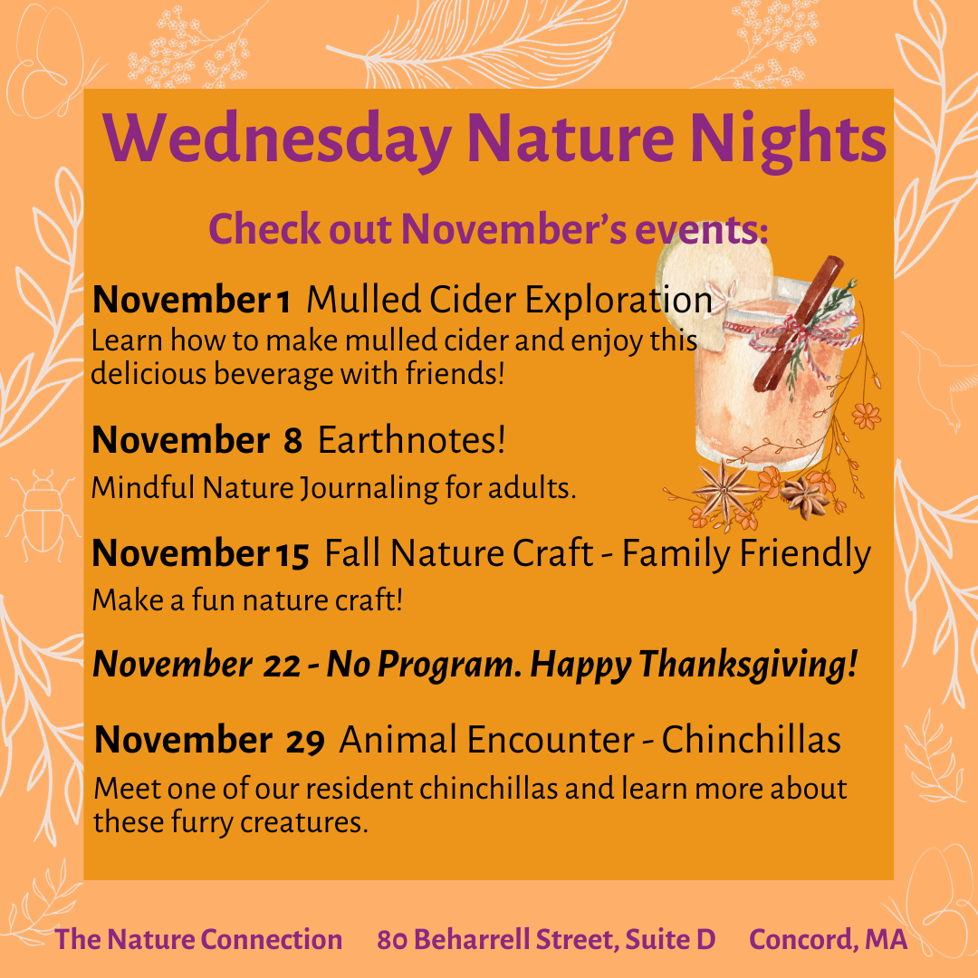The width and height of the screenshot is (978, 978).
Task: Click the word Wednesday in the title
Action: pos(278,140)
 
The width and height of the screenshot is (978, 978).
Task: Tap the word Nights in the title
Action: pos(788,140)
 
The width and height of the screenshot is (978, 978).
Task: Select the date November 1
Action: pos(191,300)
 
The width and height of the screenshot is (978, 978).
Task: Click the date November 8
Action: pos(197,440)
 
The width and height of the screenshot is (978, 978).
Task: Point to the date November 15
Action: pos(200,553)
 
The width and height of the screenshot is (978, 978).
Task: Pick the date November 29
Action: pos(209,741)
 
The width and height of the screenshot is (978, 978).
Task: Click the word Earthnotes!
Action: pos(412,440)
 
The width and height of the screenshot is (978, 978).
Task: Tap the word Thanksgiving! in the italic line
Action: pos(748,665)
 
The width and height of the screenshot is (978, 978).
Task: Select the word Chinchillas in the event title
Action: pos(751,740)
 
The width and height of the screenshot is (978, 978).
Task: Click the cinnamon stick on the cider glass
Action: pos(799,323)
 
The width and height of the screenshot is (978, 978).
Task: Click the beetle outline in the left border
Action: pos(43,515)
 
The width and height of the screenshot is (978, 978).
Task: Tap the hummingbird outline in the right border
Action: pos(940,380)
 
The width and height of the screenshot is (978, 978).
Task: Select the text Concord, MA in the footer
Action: pos(828,940)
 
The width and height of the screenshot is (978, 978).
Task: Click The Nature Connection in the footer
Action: pos(198,939)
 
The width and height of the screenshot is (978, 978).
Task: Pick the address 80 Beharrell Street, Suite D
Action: pos(546,940)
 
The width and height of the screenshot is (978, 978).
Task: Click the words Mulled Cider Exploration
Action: pos(509,300)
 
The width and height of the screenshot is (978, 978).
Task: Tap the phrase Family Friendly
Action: pos(746,554)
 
